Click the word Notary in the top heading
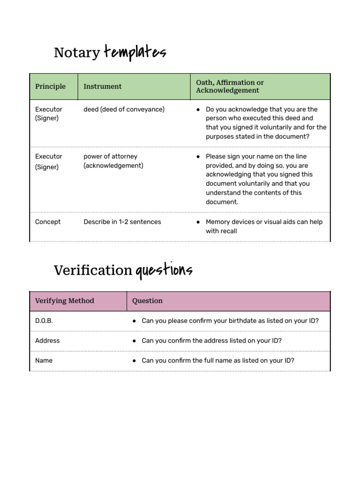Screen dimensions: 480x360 (x=76, y=52)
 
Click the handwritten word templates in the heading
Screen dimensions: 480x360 (x=135, y=52)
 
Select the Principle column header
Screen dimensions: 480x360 (x=50, y=86)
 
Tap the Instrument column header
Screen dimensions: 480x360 (x=102, y=86)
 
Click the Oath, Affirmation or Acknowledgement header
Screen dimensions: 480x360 (x=230, y=86)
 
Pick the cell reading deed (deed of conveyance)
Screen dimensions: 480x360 (x=124, y=109)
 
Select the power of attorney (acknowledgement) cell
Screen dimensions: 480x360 (x=113, y=161)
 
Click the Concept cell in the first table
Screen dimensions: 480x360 (x=48, y=222)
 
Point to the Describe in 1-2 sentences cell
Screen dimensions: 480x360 (x=122, y=222)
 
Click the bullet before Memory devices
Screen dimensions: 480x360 (x=199, y=222)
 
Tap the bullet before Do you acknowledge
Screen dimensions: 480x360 (x=199, y=110)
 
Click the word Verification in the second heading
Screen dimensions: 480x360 (x=93, y=270)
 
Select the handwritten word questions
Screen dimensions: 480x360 (x=164, y=270)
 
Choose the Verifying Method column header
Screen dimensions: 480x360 (x=64, y=300)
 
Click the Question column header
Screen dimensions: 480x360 (x=147, y=300)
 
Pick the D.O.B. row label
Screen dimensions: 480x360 (x=44, y=321)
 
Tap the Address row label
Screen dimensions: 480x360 (x=47, y=341)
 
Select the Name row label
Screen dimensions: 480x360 (x=44, y=360)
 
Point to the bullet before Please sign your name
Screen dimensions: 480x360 (x=199, y=157)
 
